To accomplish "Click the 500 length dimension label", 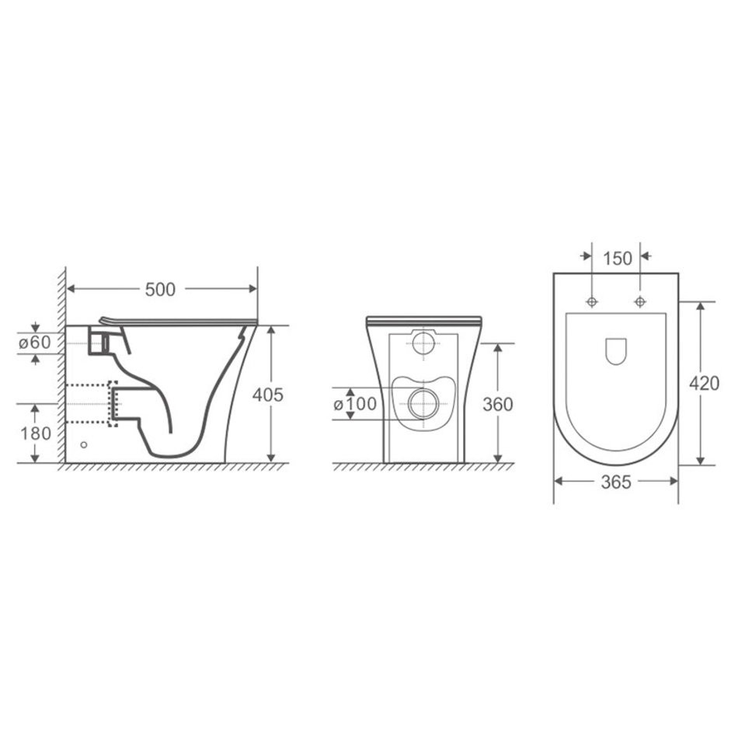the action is pos(160,290).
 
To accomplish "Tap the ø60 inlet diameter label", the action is pos(35,342).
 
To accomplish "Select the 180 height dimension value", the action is pos(36,433).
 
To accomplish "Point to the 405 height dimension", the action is pos(268,395).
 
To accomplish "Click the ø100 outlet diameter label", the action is pos(355,403).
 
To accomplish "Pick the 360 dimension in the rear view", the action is pos(498,404).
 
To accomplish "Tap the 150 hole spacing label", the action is pos(617,259).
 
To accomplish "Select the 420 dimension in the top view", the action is pos(705,384).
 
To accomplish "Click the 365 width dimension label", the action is pos(616,482).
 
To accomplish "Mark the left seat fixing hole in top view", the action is pos(592,301).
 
